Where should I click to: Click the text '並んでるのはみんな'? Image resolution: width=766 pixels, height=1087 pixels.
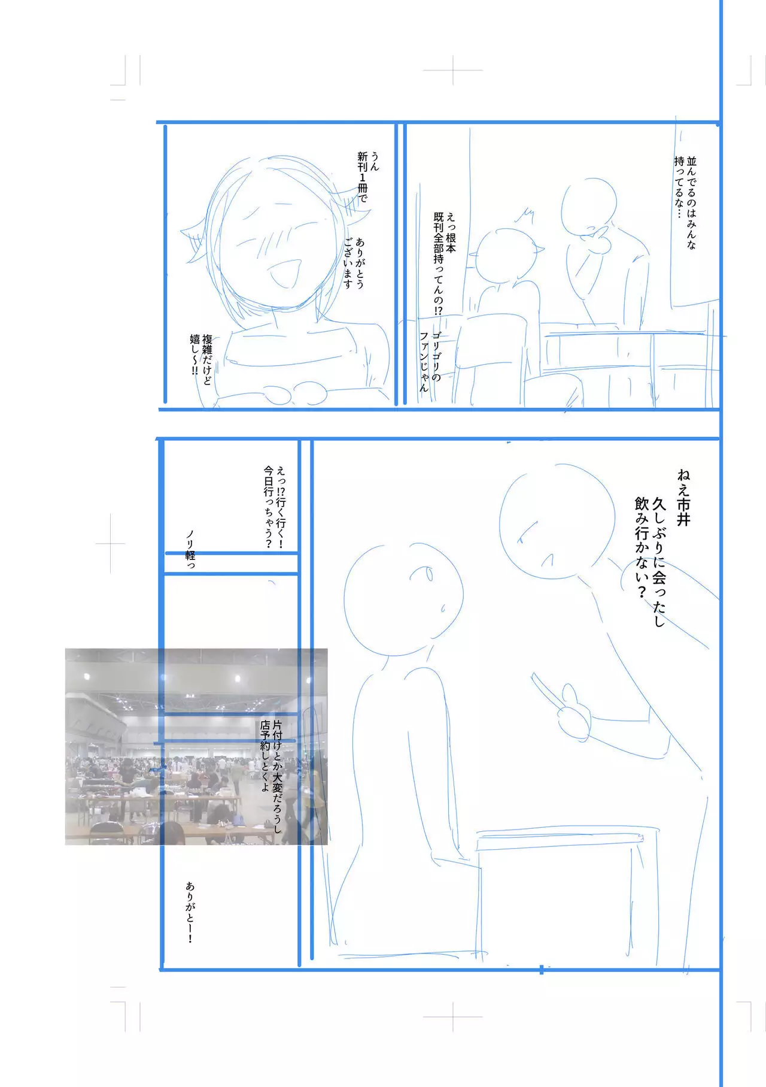[x=691, y=203]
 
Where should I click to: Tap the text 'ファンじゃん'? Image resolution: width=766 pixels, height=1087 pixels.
[x=424, y=362]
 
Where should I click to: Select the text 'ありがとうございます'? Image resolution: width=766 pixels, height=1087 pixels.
[x=354, y=264]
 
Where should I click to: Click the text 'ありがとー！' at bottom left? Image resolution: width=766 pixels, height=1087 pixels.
[x=190, y=912]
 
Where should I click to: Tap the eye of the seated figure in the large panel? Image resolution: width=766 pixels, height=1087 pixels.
[x=428, y=574]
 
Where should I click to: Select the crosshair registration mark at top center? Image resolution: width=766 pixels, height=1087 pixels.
[x=453, y=70]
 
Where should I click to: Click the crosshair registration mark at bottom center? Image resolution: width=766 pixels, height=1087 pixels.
[x=453, y=1016]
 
